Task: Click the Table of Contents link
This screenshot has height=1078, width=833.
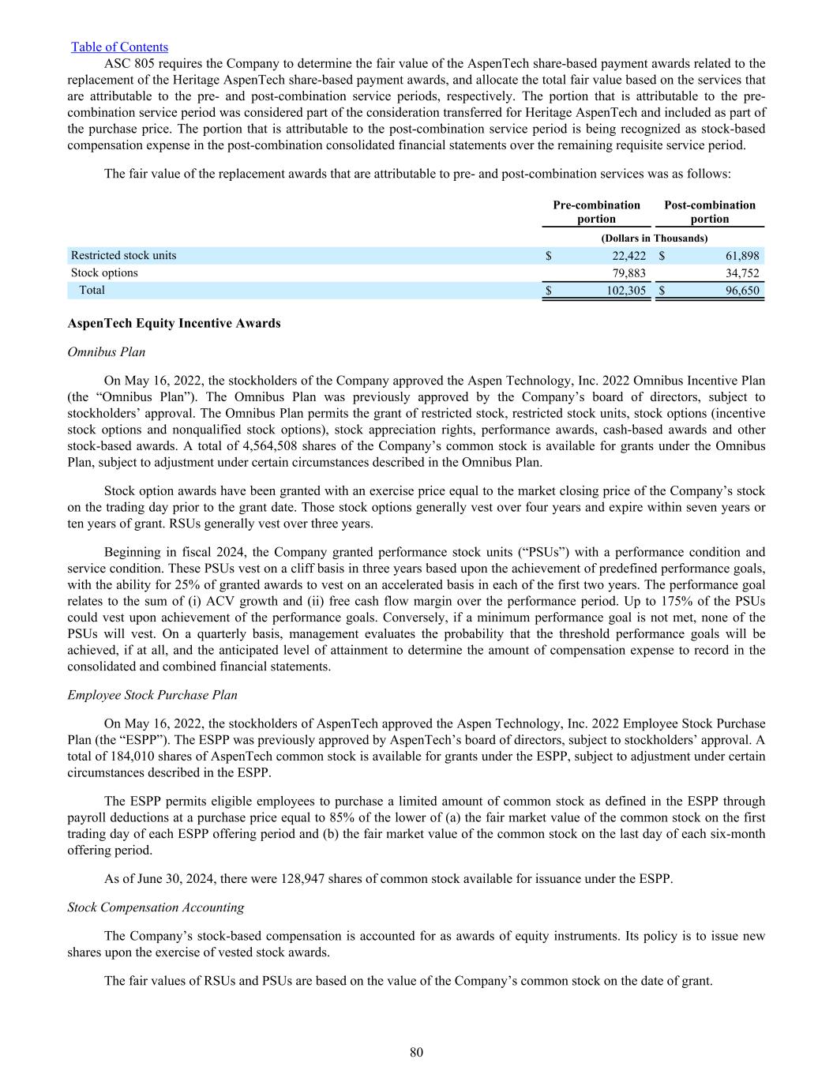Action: [119, 47]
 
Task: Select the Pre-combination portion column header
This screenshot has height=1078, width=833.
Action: [596, 212]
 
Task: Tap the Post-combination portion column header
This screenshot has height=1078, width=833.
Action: [709, 212]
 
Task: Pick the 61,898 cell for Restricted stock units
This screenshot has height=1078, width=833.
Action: [741, 255]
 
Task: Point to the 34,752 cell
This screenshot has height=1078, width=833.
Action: [741, 272]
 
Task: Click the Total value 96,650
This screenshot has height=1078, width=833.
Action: [741, 290]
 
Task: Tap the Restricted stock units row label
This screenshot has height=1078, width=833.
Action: [124, 255]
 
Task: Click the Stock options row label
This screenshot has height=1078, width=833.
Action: [104, 272]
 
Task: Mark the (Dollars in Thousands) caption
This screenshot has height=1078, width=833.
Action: [654, 238]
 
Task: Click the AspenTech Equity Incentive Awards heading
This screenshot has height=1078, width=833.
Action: [174, 323]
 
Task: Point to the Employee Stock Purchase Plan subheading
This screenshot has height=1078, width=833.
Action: [152, 695]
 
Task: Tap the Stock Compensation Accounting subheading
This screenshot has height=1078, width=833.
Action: [156, 907]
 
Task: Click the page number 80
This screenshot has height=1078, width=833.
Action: [417, 1052]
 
